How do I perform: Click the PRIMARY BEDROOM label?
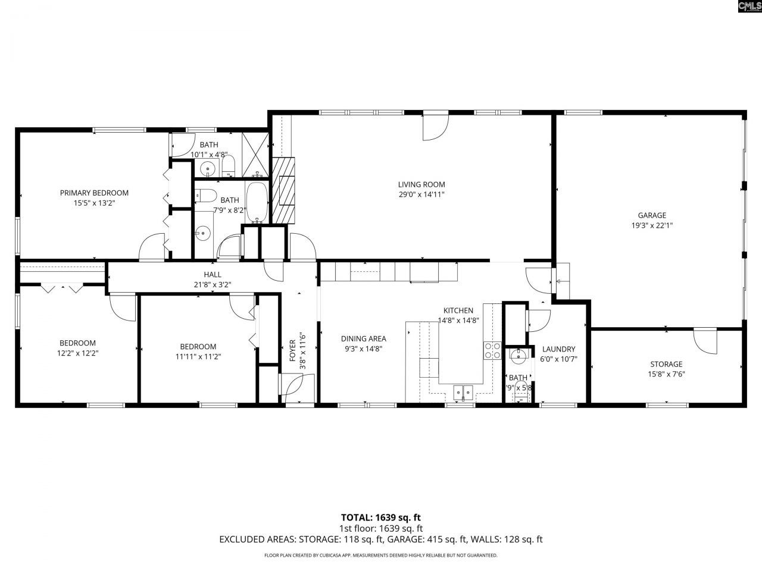[x=94, y=193]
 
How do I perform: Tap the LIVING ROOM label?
[x=421, y=184]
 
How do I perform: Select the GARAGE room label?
[x=652, y=215]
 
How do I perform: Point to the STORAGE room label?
[x=666, y=364]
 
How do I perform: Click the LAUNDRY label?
[x=558, y=349]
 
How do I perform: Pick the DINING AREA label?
[x=363, y=339]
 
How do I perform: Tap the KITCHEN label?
[x=458, y=310]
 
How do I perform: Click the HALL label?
[x=213, y=274]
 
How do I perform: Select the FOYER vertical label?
[x=292, y=350]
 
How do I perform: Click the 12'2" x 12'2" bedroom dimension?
[x=77, y=353]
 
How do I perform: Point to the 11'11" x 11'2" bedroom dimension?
[x=198, y=356]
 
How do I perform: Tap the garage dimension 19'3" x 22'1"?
[x=652, y=225]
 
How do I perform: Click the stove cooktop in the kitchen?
[x=492, y=350]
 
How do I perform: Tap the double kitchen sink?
[x=463, y=392]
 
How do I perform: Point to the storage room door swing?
[x=704, y=341]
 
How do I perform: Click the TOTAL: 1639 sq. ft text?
[x=381, y=517]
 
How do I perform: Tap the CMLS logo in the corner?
[x=749, y=7]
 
